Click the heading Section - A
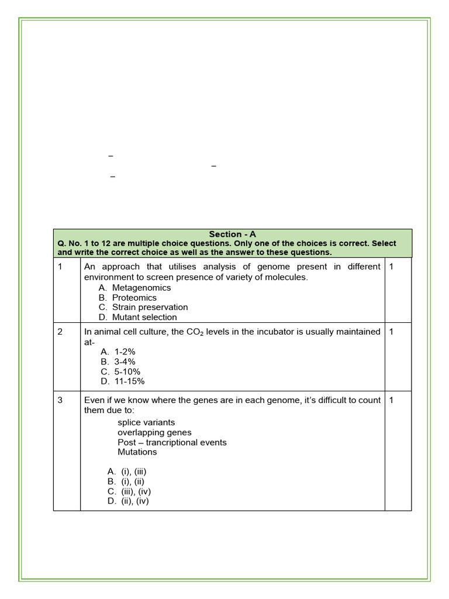click(232, 234)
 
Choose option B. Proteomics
click(128, 298)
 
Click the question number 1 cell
click(60, 267)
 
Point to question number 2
click(60, 332)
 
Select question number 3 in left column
click(60, 400)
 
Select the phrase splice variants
click(146, 422)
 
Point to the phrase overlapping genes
click(154, 432)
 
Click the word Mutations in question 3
click(137, 452)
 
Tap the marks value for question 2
click(391, 332)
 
